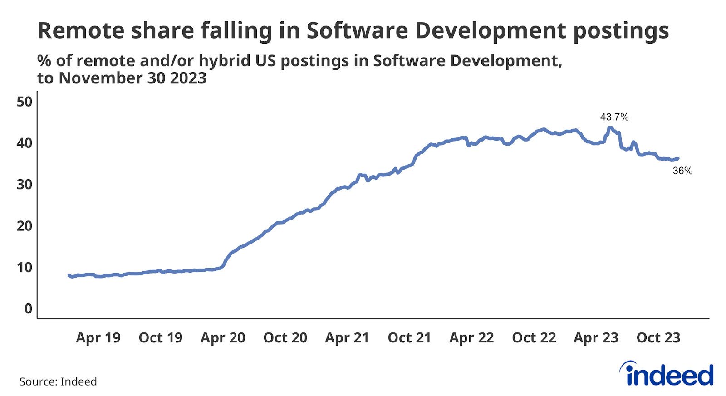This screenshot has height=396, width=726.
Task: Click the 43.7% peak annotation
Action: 614,117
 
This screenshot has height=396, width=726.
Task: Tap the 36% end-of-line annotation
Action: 682,171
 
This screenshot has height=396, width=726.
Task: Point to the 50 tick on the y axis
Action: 25,102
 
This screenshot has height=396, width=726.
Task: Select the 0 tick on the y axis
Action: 28,308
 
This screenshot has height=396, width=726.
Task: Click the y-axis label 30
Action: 25,185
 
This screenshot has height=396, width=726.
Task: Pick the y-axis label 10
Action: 25,267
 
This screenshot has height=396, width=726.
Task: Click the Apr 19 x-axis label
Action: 98,337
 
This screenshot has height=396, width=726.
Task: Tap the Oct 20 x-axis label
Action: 285,337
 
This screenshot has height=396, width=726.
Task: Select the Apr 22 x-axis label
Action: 471,337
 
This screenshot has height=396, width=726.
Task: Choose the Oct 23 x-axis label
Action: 658,337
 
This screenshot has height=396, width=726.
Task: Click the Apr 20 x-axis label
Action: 223,337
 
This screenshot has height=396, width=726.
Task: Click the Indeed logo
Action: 667,375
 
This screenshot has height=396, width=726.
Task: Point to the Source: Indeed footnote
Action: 58,381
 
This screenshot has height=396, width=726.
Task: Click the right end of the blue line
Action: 678,158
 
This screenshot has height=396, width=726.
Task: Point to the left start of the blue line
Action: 69,275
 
